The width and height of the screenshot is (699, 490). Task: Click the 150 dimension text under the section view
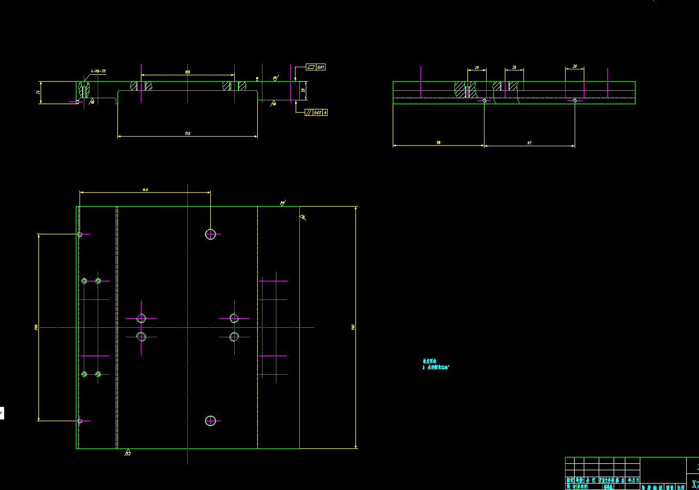(187, 133)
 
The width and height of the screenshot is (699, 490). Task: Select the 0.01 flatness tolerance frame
(315, 67)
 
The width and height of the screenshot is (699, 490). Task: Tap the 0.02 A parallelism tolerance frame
(316, 113)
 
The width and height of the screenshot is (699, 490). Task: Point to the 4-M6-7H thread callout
(98, 70)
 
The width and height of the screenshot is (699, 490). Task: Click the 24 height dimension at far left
(38, 92)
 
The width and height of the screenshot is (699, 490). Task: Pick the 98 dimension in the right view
(438, 143)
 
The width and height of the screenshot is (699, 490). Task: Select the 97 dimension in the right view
(529, 143)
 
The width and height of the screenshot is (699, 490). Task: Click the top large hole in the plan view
(211, 234)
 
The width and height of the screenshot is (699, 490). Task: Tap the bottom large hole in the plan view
(211, 421)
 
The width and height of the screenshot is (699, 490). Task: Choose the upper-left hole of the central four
(141, 318)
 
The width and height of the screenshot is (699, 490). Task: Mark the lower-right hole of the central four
(234, 337)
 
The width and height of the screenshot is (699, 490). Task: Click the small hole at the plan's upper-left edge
(80, 234)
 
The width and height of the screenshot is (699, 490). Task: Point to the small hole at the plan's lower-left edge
(80, 421)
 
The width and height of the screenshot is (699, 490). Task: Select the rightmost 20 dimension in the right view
(575, 66)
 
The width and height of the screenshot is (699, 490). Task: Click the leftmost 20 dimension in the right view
(476, 68)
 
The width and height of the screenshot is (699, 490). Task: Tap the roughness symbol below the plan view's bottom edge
(128, 453)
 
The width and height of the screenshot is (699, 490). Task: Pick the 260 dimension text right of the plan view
(353, 327)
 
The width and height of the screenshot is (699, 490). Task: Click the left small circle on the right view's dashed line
(484, 100)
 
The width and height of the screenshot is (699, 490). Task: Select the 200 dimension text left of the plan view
(36, 327)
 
